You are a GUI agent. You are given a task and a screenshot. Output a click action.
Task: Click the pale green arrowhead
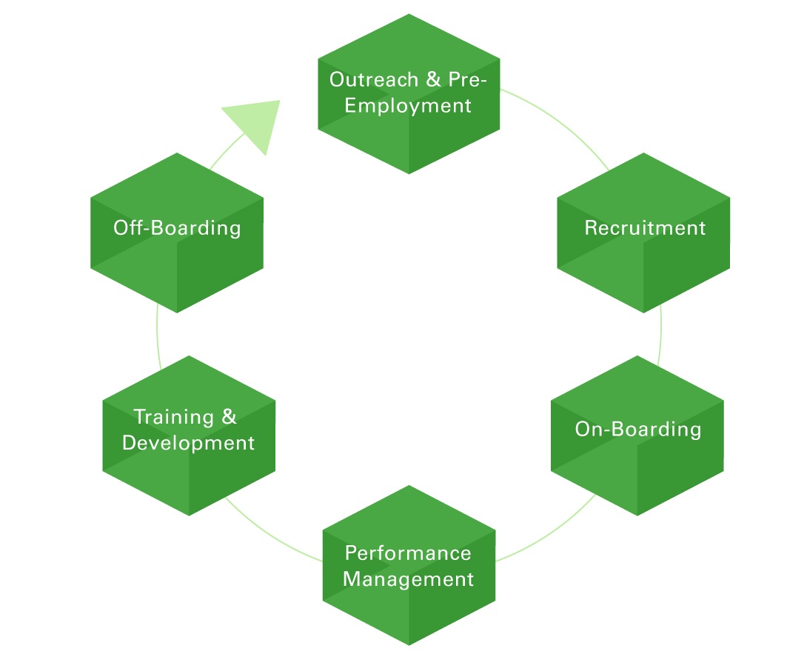pos(255,121)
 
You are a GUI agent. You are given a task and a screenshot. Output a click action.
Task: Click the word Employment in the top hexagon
pos(408,106)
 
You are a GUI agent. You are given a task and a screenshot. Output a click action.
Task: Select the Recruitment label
pos(645,228)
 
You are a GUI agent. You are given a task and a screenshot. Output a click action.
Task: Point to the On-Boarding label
pos(637,430)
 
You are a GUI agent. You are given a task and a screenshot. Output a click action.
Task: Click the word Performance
pos(408,553)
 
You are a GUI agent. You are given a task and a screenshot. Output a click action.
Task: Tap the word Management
pos(408,578)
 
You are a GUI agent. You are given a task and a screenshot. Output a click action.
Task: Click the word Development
pos(188,443)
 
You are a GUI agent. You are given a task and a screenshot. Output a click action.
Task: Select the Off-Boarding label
pos(177,227)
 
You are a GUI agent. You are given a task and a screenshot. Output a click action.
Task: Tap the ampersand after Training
pos(229,417)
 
